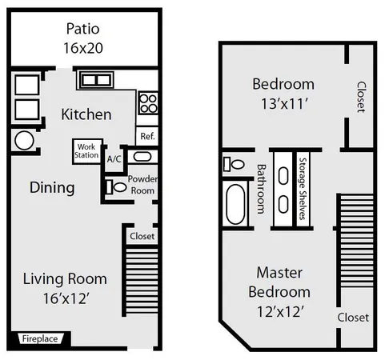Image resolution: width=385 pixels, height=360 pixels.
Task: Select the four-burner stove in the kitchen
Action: pyautogui.click(x=148, y=102)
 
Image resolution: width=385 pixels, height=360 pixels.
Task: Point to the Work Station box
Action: pyautogui.click(x=86, y=150)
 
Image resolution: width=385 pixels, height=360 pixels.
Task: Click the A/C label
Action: pyautogui.click(x=114, y=158)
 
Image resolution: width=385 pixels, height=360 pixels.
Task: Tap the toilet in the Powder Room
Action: pyautogui.click(x=117, y=187)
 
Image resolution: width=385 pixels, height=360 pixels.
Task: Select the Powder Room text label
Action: pyautogui.click(x=142, y=184)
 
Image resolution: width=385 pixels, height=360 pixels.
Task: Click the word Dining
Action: pyautogui.click(x=52, y=188)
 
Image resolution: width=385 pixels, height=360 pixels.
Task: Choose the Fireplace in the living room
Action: pyautogui.click(x=39, y=338)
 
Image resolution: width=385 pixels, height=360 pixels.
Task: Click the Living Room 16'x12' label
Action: pyautogui.click(x=64, y=288)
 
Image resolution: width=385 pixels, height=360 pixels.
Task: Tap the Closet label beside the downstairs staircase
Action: pyautogui.click(x=142, y=237)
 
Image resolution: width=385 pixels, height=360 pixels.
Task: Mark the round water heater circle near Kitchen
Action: pyautogui.click(x=24, y=141)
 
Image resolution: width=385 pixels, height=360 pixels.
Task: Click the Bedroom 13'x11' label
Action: pyautogui.click(x=283, y=92)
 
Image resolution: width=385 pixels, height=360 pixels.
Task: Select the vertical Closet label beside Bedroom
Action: pyautogui.click(x=360, y=96)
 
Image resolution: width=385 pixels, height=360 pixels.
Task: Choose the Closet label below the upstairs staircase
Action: pyautogui.click(x=353, y=318)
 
